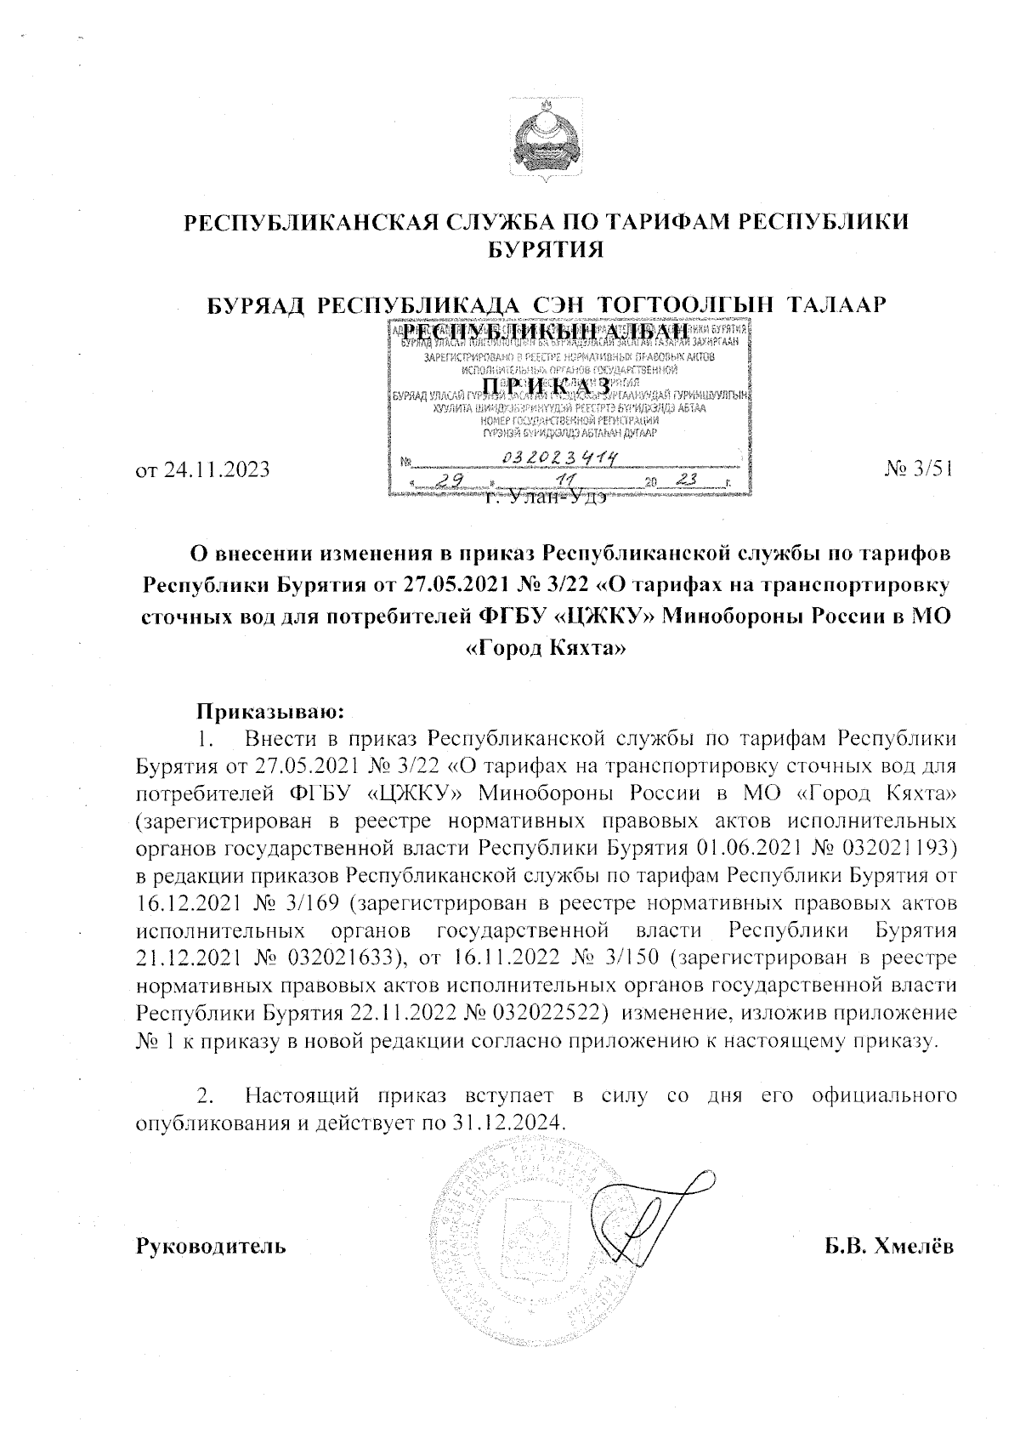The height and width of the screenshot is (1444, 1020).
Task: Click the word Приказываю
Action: click(269, 708)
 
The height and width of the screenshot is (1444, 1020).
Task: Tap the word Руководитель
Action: click(211, 1248)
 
